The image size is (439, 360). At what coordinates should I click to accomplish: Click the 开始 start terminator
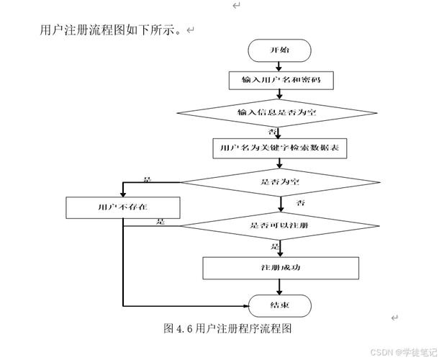pos(279,50)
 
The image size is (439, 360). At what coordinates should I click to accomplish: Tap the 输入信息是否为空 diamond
pos(281,112)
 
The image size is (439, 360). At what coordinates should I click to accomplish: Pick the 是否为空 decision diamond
pos(280,182)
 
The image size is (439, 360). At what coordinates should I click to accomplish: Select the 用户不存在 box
pos(122,207)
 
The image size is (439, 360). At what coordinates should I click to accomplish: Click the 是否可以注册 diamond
pos(280,225)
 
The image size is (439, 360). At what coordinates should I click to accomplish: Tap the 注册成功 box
pos(280,267)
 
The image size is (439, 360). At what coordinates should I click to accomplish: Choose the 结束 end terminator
pos(279,305)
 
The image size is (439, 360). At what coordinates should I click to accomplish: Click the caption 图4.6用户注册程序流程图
pos(227,328)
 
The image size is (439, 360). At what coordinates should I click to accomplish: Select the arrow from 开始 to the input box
pos(279,66)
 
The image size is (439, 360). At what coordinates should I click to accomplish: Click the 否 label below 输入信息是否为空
pos(273,132)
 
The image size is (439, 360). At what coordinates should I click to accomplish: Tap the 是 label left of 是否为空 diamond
pos(148,179)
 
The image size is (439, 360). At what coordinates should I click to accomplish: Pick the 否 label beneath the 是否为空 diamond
pos(301,203)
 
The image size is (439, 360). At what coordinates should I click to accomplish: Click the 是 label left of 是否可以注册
pos(160,222)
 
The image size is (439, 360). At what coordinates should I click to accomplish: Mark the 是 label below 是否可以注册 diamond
pos(275,246)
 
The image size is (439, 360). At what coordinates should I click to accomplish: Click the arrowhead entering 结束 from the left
pos(244,305)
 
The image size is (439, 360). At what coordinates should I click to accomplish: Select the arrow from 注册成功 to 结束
pos(279,287)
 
